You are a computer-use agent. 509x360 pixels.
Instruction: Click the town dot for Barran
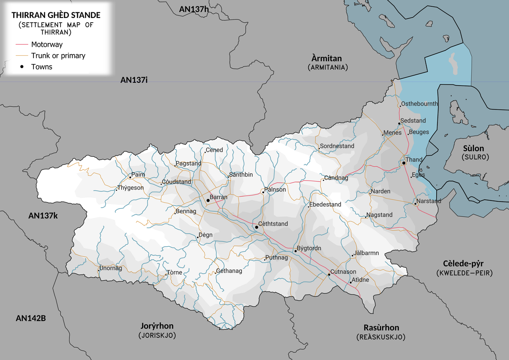click(x=208, y=200)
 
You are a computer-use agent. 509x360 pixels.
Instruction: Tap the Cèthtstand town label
click(x=273, y=224)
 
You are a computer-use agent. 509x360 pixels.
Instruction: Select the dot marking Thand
click(x=404, y=163)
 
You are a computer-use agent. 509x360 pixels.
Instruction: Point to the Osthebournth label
click(x=419, y=104)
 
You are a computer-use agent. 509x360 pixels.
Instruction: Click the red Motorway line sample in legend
click(x=22, y=45)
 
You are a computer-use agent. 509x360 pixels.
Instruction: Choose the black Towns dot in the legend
click(x=22, y=67)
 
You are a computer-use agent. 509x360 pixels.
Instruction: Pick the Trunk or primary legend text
click(x=58, y=56)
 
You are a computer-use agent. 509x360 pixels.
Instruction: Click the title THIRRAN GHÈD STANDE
click(x=56, y=16)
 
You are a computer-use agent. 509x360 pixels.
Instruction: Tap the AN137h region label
click(x=194, y=10)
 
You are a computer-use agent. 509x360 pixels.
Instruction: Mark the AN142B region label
click(x=31, y=318)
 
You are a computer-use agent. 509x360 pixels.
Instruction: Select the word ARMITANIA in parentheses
click(x=328, y=68)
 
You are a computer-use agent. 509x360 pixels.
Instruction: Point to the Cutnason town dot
click(x=329, y=274)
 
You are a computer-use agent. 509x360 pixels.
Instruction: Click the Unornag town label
click(x=111, y=268)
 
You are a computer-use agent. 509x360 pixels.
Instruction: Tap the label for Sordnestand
click(x=337, y=146)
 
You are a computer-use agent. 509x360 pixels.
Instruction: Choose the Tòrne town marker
click(x=166, y=275)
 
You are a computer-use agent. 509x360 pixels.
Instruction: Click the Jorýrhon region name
click(x=157, y=326)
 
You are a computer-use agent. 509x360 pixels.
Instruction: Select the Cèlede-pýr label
click(x=463, y=264)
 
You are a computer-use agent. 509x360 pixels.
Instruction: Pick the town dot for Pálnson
click(x=263, y=193)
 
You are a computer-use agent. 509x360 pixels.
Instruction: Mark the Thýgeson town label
click(x=130, y=188)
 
